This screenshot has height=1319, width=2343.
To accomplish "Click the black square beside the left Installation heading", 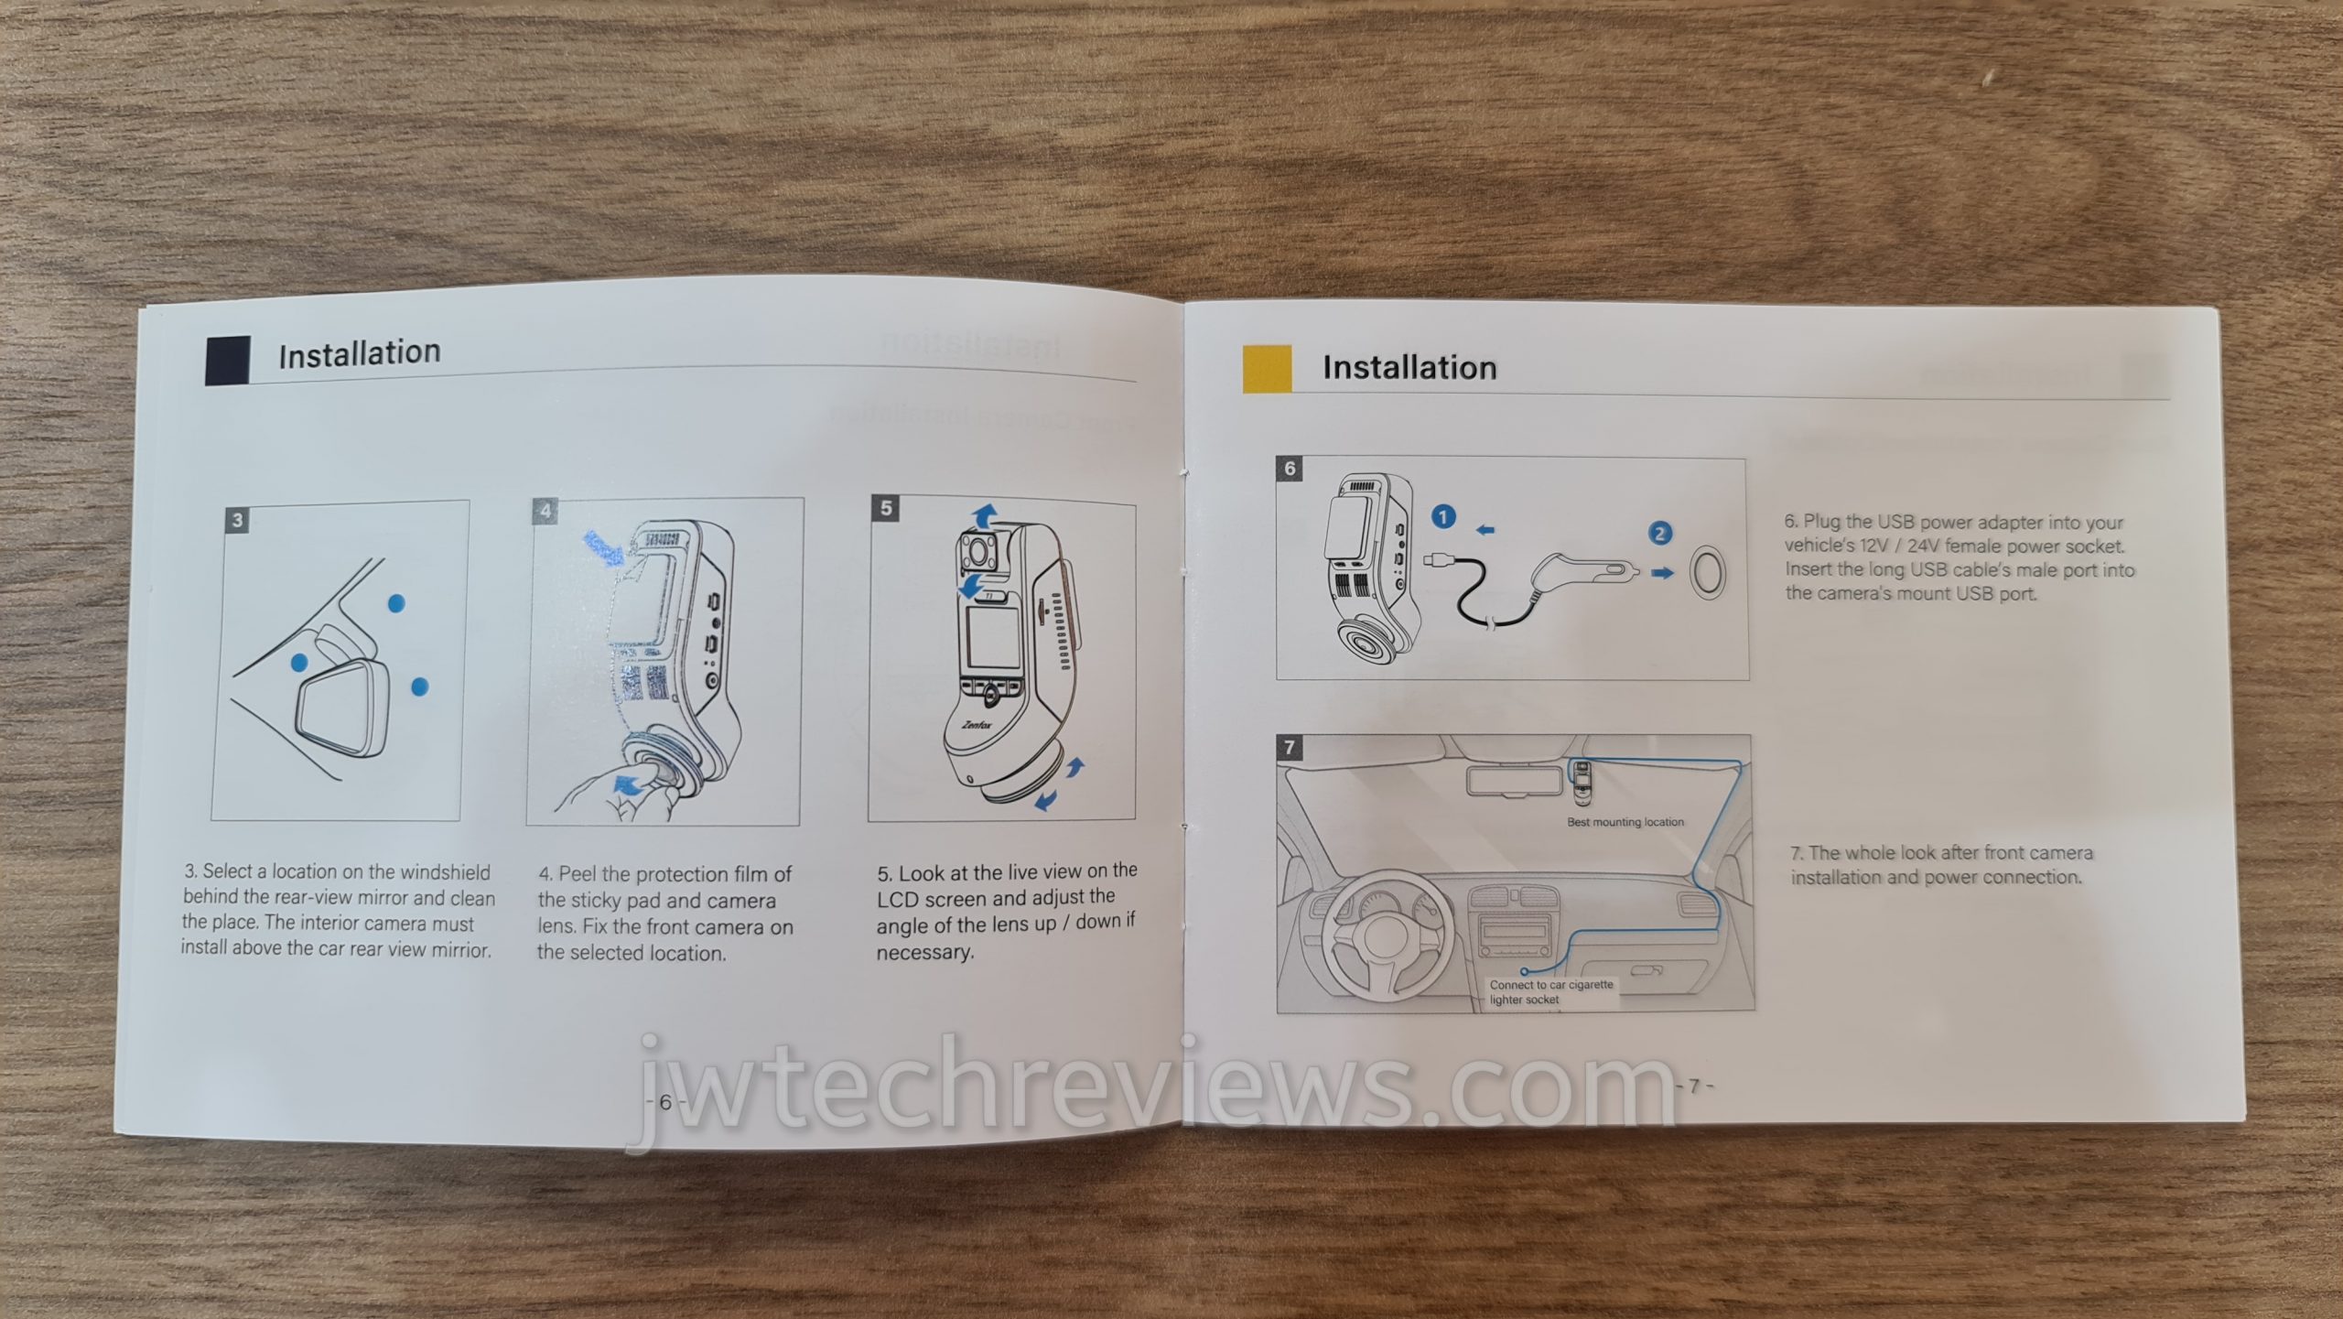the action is click(x=228, y=361).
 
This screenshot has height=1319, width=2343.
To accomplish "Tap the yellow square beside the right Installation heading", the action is click(x=1267, y=369).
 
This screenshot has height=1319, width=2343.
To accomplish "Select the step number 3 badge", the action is click(x=238, y=521).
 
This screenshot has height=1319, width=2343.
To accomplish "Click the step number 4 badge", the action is click(x=545, y=511).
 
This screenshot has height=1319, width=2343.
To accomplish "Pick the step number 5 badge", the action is click(x=886, y=508).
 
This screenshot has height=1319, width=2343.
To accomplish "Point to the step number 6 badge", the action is click(x=1290, y=469).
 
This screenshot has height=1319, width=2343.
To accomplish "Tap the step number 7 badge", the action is click(x=1290, y=747).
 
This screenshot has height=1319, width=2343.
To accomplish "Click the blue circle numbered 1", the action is click(x=1443, y=517).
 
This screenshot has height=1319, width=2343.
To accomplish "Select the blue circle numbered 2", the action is click(x=1659, y=533).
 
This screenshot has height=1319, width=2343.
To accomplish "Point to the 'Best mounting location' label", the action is click(x=1625, y=822).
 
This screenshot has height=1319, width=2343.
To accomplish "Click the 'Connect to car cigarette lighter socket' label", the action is click(x=1551, y=992).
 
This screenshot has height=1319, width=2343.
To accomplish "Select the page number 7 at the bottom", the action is click(x=1694, y=1086).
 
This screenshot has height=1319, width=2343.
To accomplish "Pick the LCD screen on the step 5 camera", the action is click(x=991, y=638).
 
